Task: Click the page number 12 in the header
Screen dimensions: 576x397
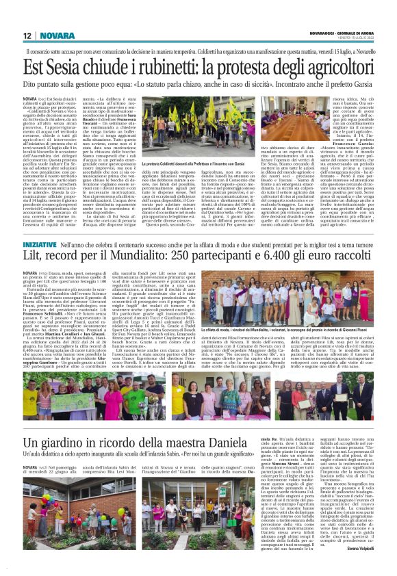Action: pos(27,35)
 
